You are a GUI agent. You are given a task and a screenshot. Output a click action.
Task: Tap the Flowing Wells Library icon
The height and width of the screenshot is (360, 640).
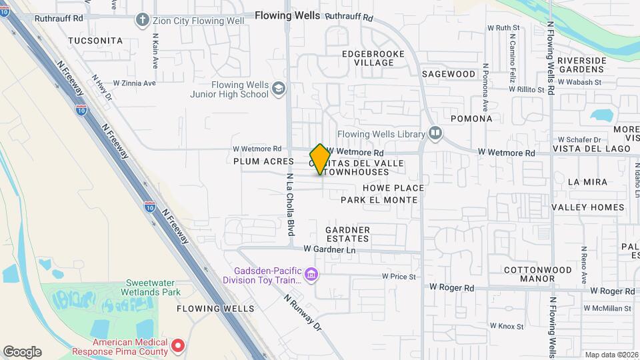pyautogui.click(x=435, y=134)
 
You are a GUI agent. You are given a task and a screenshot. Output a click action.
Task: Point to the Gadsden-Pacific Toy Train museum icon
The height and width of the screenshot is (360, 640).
pyautogui.click(x=310, y=275)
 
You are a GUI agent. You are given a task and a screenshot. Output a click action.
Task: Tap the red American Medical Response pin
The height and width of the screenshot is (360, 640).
pyautogui.click(x=177, y=345)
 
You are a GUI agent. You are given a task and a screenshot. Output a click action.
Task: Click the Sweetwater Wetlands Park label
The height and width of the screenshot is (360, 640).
pyautogui.click(x=151, y=287)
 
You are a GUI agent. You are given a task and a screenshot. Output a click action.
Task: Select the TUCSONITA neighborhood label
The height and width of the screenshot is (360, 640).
pyautogui.click(x=96, y=41)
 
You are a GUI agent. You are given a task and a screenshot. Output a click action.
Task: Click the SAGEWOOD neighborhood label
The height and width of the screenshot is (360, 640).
pyautogui.click(x=449, y=74)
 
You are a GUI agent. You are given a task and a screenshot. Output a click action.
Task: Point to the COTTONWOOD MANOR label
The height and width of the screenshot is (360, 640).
pyautogui.click(x=538, y=274)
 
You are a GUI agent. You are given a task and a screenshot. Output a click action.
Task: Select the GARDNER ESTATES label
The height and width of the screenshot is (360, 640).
pyautogui.click(x=347, y=234)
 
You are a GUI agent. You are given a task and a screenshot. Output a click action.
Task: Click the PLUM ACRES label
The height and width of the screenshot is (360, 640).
pyautogui.click(x=263, y=161)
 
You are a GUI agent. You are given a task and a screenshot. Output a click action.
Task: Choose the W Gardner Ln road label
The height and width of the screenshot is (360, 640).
pyautogui.click(x=330, y=249)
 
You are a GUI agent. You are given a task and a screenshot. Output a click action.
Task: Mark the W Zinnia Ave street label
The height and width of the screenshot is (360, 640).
pyautogui.click(x=134, y=83)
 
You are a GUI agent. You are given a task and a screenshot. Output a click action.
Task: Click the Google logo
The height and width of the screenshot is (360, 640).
pyautogui.click(x=22, y=352)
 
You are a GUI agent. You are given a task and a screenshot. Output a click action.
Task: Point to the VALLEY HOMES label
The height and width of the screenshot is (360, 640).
pyautogui.click(x=588, y=207)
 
